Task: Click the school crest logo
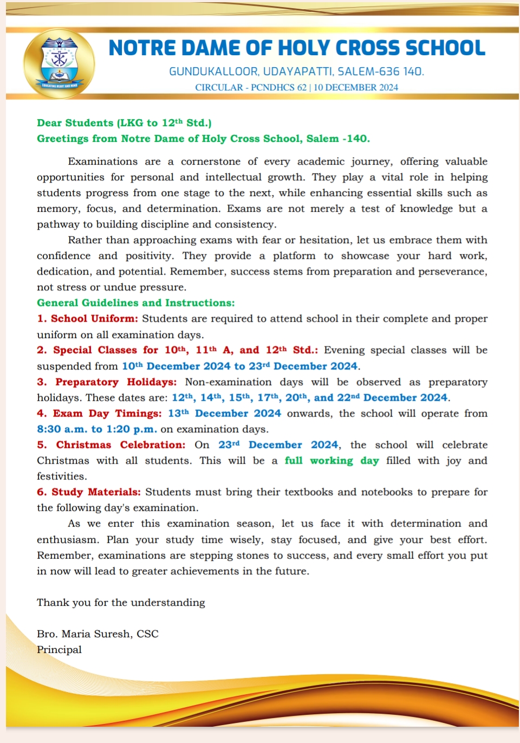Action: (59, 64)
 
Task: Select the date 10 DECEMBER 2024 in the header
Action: (355, 87)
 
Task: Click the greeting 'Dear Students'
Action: (75, 123)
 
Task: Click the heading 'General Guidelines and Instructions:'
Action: (135, 303)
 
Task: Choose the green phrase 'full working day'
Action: (331, 460)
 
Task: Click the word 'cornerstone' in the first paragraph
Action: (211, 161)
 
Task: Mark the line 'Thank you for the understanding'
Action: (121, 602)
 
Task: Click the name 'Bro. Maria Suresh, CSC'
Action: (97, 634)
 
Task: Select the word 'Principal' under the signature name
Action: (59, 649)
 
